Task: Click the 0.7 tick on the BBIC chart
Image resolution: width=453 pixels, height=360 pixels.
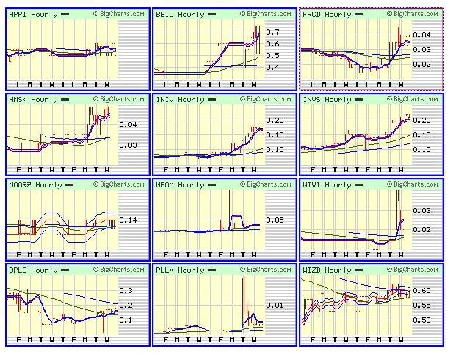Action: [273, 32]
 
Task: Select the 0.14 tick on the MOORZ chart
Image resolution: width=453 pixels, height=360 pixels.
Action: [128, 220]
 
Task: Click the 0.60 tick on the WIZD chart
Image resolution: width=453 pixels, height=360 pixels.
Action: [422, 291]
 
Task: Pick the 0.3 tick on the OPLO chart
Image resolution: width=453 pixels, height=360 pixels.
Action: [126, 291]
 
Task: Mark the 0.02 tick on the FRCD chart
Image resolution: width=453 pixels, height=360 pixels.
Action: [422, 65]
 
